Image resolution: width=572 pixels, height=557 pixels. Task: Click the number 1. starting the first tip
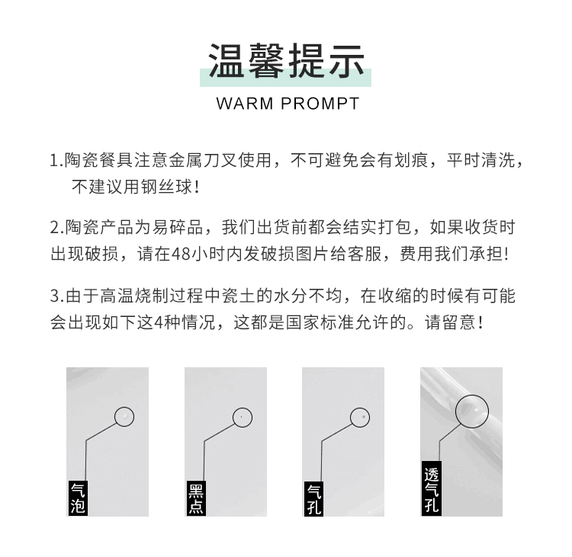tap(56, 161)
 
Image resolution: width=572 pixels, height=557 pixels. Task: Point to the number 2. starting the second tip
tap(56, 227)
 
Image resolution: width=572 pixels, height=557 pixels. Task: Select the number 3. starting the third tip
tap(56, 296)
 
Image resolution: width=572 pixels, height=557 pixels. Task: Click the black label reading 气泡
tap(78, 498)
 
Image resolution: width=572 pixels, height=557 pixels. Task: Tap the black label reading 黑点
tap(196, 498)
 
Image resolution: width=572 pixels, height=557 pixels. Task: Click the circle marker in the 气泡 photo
tap(124, 417)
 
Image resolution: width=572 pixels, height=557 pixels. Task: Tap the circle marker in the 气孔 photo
tap(360, 417)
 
